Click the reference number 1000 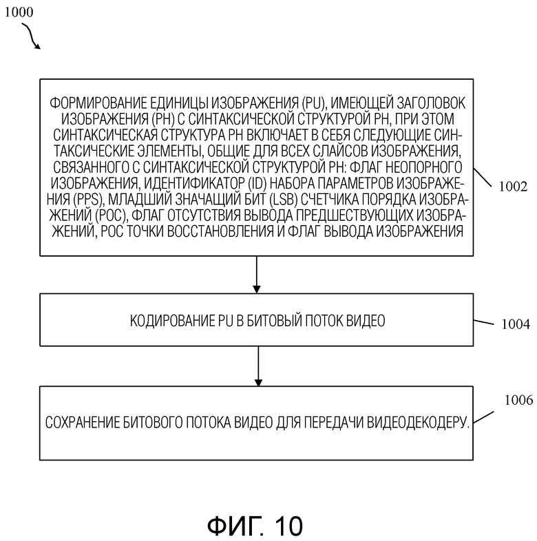pyautogui.click(x=19, y=12)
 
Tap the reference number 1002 pyautogui.click(x=513, y=187)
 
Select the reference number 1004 pyautogui.click(x=516, y=324)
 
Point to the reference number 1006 pyautogui.click(x=518, y=400)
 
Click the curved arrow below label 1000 pyautogui.click(x=30, y=35)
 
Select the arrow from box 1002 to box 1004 pyautogui.click(x=256, y=275)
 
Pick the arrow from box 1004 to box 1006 pyautogui.click(x=258, y=366)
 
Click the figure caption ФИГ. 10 pyautogui.click(x=255, y=526)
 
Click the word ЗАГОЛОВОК pyautogui.click(x=432, y=103)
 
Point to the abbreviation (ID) pyautogui.click(x=257, y=184)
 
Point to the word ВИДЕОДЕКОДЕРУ pyautogui.click(x=418, y=423)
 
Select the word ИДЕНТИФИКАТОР pyautogui.click(x=194, y=184)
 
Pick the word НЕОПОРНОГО pyautogui.click(x=424, y=167)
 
